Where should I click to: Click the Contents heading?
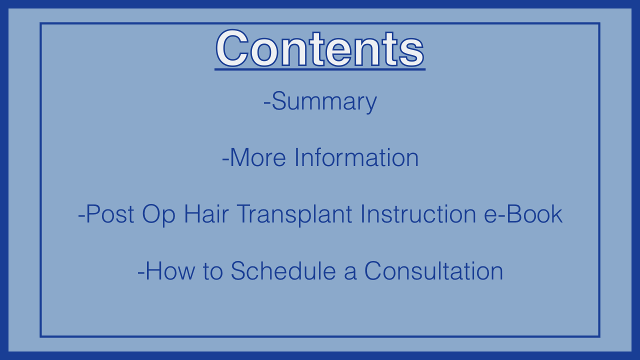(319, 48)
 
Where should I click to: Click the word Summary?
(324, 101)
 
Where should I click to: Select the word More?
(257, 157)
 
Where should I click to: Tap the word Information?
(356, 157)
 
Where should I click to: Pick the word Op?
(158, 215)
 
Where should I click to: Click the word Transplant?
(294, 215)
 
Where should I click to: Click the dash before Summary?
(267, 103)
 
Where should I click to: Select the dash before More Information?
(225, 159)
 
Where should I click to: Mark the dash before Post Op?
(81, 216)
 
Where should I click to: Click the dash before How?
(141, 273)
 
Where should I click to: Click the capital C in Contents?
(232, 48)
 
